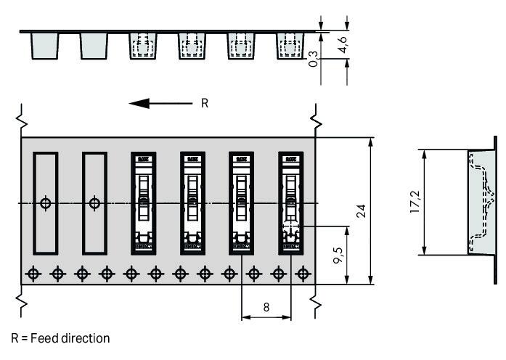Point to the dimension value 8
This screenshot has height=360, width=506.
266,307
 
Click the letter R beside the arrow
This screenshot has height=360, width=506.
204,103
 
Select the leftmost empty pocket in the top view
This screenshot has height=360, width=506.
46,202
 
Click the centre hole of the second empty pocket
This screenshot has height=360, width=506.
94,203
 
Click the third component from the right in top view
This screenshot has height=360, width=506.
192,202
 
